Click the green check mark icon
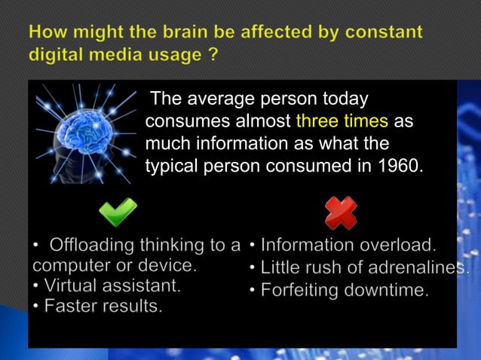coord(118,212)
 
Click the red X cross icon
coord(341,212)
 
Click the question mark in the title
coord(214,56)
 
